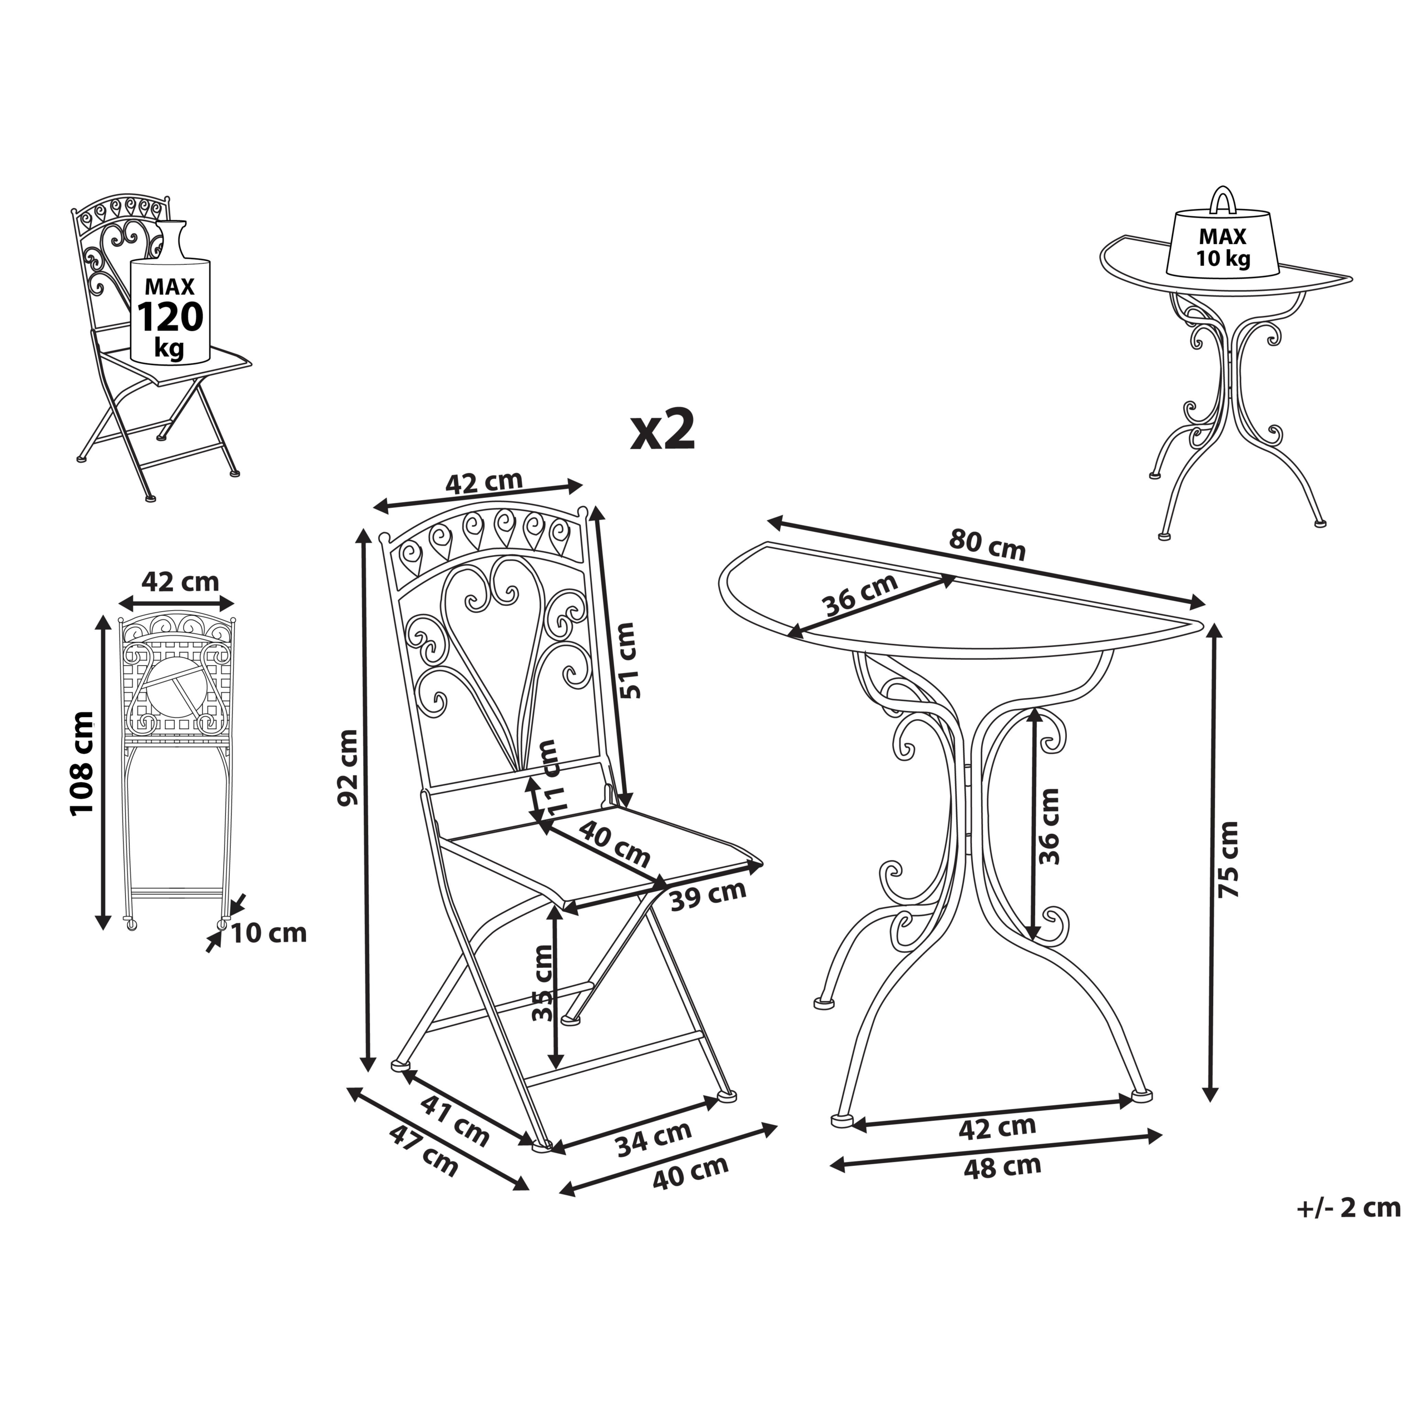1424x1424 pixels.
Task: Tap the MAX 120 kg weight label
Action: click(170, 318)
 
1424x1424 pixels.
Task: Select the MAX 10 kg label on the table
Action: click(1223, 248)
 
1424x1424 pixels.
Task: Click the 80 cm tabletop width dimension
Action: click(987, 544)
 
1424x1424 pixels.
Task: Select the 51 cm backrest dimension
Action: click(627, 660)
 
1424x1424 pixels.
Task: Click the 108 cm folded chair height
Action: click(82, 763)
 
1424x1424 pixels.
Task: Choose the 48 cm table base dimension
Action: click(1002, 1167)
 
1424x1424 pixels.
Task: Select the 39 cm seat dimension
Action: click(708, 896)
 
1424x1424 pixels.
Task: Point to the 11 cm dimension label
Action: click(551, 777)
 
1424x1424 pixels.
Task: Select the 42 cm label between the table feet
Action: click(997, 1127)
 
